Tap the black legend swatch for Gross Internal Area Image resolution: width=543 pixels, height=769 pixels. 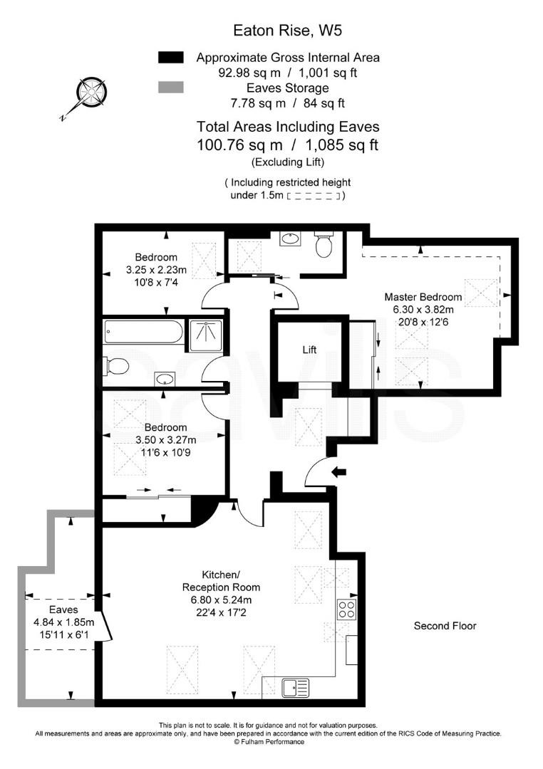170,58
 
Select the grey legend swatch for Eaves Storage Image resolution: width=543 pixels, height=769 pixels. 170,88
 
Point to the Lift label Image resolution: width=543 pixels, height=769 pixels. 309,350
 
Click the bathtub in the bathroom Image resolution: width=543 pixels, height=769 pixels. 143,332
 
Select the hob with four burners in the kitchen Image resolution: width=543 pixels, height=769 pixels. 346,610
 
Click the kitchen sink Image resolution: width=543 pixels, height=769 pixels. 296,688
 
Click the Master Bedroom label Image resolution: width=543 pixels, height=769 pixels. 423,297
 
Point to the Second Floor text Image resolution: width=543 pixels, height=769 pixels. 445,626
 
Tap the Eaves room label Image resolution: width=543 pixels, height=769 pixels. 63,610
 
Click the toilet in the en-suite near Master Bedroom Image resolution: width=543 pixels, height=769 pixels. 324,246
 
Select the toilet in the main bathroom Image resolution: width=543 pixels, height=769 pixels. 117,366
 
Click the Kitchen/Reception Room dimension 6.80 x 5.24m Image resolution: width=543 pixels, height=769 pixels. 221,600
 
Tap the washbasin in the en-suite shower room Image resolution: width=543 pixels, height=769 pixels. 290,239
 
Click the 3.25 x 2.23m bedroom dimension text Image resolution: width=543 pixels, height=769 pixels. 156,270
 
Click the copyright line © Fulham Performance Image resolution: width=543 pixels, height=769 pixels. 269,742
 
